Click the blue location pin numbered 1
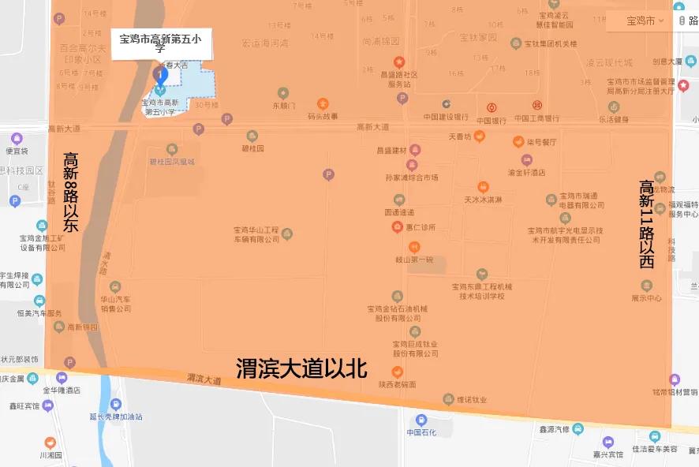[161, 76]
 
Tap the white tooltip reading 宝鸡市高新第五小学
[161, 43]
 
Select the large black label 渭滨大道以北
[302, 368]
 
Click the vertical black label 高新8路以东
[71, 192]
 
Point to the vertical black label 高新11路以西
[647, 225]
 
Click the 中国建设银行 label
[446, 118]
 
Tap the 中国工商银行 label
[536, 118]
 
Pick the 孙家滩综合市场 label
[411, 177]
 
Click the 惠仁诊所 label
[421, 227]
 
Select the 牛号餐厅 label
[536, 143]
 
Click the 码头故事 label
[323, 116]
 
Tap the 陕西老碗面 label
[397, 384]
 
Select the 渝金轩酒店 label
[526, 172]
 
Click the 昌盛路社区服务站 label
[400, 79]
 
